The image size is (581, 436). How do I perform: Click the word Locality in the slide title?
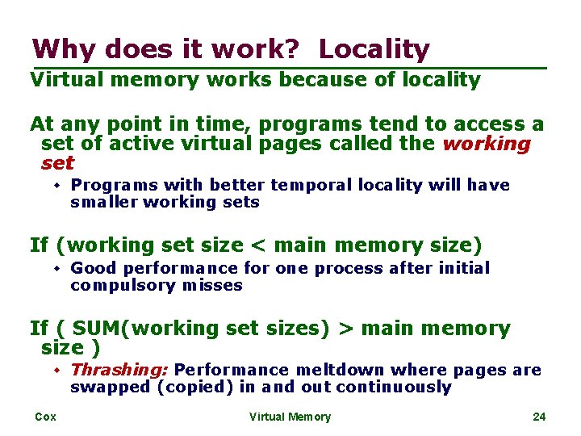click(x=374, y=49)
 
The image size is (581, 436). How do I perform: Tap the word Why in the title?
click(x=59, y=49)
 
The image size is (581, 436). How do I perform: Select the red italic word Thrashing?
click(x=119, y=370)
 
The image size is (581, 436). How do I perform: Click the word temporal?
click(x=306, y=185)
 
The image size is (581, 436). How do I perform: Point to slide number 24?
click(x=539, y=417)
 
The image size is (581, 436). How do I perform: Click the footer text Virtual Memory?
click(x=290, y=417)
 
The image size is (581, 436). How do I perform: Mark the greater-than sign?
click(x=345, y=329)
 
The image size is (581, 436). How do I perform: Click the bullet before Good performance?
click(x=58, y=268)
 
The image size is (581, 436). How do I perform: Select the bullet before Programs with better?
click(x=58, y=185)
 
